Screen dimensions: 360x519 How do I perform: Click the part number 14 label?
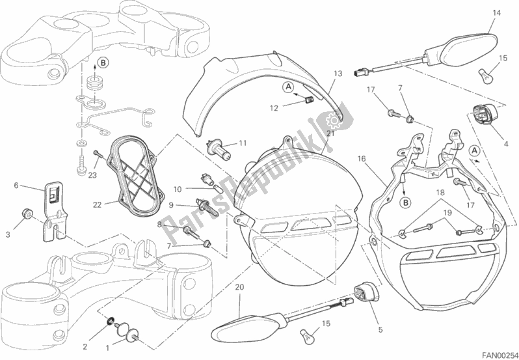[x=496, y=13]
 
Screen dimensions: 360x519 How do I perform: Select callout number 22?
[x=97, y=204]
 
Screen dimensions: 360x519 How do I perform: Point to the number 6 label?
[x=16, y=186]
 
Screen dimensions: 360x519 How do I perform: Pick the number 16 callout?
[x=362, y=158]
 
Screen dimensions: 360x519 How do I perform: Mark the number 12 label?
[x=274, y=108]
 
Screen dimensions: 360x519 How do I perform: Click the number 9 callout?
[x=172, y=204]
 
